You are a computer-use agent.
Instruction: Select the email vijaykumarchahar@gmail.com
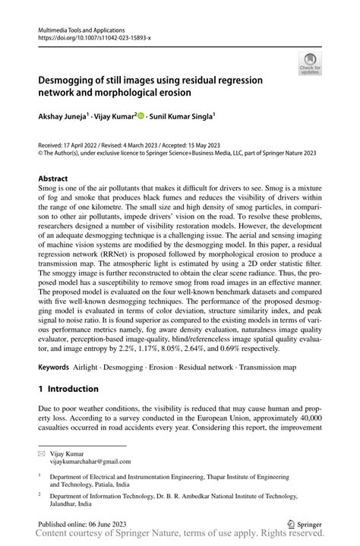(x=90, y=461)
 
